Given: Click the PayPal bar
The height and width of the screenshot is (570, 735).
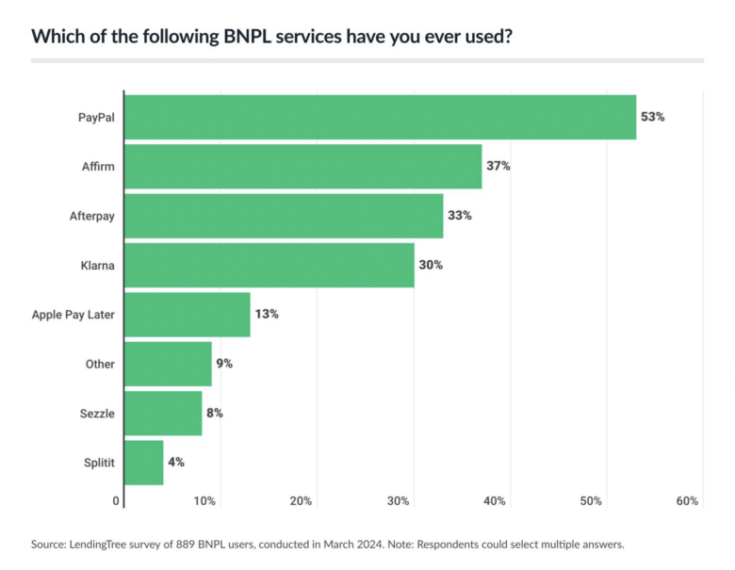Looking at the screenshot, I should pyautogui.click(x=380, y=117).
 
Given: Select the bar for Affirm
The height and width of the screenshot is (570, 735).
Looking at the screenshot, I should pyautogui.click(x=302, y=166).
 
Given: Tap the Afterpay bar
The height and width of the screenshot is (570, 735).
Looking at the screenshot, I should pyautogui.click(x=283, y=216).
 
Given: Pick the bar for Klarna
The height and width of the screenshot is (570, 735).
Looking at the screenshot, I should pyautogui.click(x=269, y=265).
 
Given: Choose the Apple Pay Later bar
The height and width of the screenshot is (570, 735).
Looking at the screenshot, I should pyautogui.click(x=187, y=315).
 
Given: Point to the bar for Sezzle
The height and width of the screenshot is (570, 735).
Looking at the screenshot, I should pyautogui.click(x=162, y=413).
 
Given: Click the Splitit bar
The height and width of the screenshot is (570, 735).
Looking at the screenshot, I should pyautogui.click(x=143, y=463).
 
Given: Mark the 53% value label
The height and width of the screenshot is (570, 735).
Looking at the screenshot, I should pyautogui.click(x=653, y=117).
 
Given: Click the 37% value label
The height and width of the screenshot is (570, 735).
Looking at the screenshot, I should pyautogui.click(x=498, y=166).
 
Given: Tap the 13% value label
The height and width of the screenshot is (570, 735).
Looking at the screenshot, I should pyautogui.click(x=267, y=315).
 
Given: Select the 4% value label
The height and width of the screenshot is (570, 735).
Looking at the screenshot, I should pyautogui.click(x=176, y=463).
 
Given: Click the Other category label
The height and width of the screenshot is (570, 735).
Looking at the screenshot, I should pyautogui.click(x=99, y=364).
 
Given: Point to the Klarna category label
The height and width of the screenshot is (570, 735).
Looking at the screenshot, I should pyautogui.click(x=98, y=266).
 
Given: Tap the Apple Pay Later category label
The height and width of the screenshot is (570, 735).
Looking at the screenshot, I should pyautogui.click(x=73, y=315).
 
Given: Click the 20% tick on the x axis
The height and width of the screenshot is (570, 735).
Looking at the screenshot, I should pyautogui.click(x=301, y=501).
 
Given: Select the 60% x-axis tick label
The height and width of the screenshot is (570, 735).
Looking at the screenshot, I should pyautogui.click(x=687, y=501).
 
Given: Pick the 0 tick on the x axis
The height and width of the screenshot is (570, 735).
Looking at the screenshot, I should pyautogui.click(x=116, y=501).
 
